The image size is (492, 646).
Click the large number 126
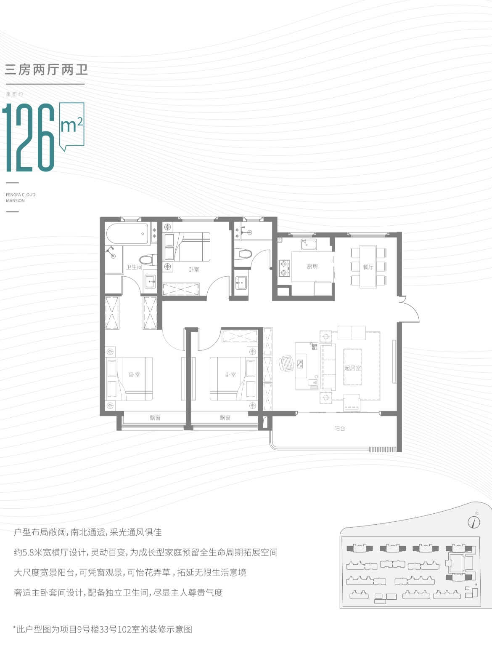point(28,137)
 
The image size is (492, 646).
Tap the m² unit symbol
point(71,125)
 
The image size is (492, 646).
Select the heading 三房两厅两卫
point(46,70)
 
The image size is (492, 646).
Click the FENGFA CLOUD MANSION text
point(21,198)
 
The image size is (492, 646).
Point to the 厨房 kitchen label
point(312,266)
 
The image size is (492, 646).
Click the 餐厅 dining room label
point(368,267)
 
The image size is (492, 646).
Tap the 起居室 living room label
point(353,368)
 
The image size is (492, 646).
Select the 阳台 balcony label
point(339,429)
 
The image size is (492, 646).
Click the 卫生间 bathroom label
point(134,267)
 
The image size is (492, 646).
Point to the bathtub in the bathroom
point(127,234)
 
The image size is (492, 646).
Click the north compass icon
point(474,522)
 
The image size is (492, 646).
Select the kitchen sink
point(309,244)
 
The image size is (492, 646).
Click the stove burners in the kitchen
point(284,268)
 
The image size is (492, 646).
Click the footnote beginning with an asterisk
point(103,630)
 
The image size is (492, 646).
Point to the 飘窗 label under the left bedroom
point(155,418)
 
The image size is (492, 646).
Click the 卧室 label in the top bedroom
point(194,269)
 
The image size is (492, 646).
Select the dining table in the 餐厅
point(368,266)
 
